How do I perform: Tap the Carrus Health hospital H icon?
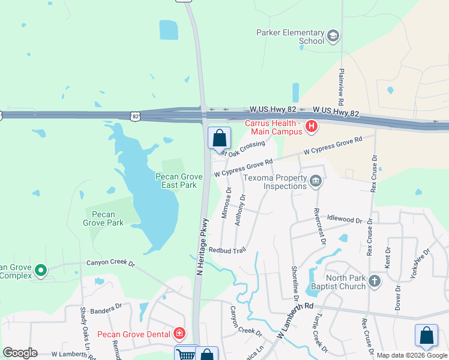[312, 126]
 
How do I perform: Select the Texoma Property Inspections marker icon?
[316, 181]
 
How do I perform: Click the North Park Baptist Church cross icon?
[375, 281]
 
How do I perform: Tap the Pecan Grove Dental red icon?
[179, 332]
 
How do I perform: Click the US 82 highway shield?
[136, 114]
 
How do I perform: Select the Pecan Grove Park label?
[103, 218]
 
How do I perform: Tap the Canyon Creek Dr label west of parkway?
[111, 262]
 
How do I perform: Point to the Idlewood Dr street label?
[346, 220]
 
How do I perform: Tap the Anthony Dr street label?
[240, 210]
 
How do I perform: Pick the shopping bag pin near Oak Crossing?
[220, 137]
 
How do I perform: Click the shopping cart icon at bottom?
[185, 355]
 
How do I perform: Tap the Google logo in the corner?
[20, 353]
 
